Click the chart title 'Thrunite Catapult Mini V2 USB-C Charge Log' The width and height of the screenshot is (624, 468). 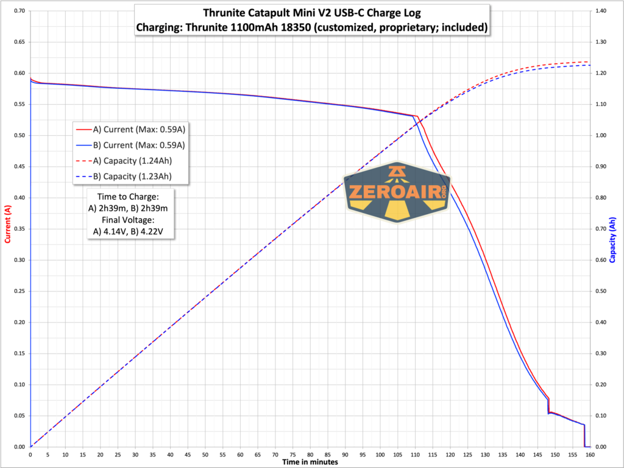(x=312, y=13)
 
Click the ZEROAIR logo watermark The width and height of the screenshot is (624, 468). (x=397, y=192)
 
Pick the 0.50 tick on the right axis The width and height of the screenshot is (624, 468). (x=601, y=291)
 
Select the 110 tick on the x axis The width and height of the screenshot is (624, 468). (x=415, y=454)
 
